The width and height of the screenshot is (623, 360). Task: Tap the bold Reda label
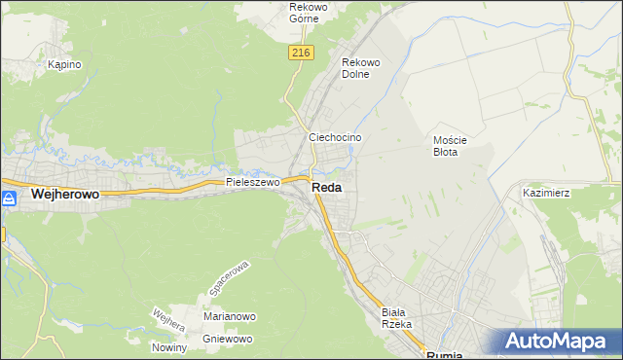tap(326, 188)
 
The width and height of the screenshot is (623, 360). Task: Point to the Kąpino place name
tap(64, 64)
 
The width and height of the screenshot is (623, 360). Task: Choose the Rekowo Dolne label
tap(360, 68)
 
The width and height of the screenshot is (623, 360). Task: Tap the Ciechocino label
tap(335, 138)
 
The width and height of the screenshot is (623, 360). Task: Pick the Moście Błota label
tap(451, 146)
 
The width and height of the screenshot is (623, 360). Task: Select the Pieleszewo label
tap(252, 182)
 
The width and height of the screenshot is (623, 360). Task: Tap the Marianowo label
tap(229, 316)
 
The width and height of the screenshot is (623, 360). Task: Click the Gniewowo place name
tap(228, 339)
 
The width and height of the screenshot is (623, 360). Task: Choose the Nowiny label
tap(169, 347)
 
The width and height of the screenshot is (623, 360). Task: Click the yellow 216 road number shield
tap(300, 54)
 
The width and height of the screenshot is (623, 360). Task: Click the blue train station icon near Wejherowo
tap(9, 198)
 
